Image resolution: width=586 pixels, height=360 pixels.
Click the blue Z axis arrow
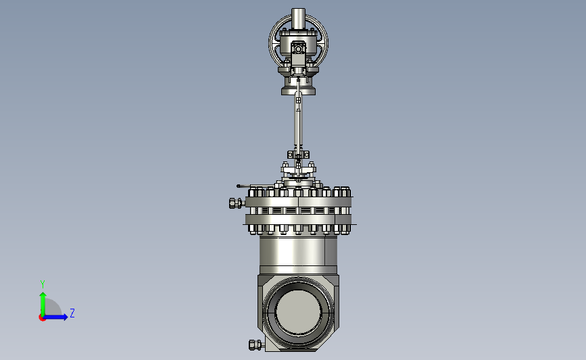56,317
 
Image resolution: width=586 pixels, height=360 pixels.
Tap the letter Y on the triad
43,284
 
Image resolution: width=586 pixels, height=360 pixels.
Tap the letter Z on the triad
72,313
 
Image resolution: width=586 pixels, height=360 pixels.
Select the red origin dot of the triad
42,318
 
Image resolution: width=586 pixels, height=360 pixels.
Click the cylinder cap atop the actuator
298,18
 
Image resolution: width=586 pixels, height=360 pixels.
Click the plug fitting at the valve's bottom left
256,344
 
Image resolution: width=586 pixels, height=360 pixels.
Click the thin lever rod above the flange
251,186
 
